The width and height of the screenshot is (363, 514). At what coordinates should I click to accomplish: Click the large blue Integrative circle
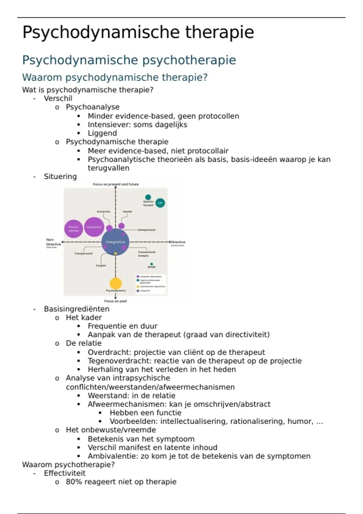(x=115, y=242)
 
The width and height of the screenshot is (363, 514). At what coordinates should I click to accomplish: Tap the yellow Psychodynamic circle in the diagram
(x=116, y=283)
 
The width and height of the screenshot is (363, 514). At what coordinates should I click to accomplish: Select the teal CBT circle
(x=160, y=203)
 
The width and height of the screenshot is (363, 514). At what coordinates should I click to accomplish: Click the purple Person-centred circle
(x=74, y=229)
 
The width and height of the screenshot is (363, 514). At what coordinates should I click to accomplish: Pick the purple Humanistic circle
(x=94, y=227)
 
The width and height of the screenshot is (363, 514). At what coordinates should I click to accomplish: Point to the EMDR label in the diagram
(x=151, y=267)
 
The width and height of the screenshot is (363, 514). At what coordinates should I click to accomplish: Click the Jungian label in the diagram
(x=101, y=265)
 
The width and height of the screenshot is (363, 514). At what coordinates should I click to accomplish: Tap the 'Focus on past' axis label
(x=116, y=301)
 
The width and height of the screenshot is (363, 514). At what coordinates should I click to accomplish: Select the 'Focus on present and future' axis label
(x=116, y=184)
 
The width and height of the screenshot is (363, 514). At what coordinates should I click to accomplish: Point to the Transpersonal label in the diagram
(x=83, y=253)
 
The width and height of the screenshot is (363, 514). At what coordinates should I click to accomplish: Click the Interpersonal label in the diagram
(x=147, y=230)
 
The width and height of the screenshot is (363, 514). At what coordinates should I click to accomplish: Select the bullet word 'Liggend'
(x=102, y=133)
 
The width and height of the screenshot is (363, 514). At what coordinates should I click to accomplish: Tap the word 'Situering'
(x=60, y=177)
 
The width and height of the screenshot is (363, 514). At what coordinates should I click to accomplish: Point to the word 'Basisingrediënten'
(x=77, y=309)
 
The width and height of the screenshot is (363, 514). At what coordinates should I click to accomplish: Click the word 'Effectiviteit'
(x=65, y=473)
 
